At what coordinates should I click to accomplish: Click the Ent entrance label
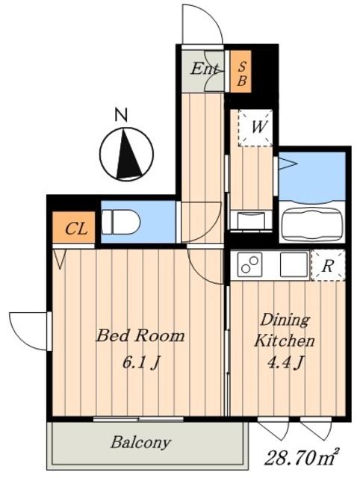point(205,69)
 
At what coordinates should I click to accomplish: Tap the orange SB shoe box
point(240,72)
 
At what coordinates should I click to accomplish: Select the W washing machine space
point(255,127)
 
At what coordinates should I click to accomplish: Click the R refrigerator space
point(329,265)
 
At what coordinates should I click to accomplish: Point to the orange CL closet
point(73,227)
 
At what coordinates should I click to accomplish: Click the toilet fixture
point(120,222)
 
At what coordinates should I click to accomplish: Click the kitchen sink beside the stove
point(294,264)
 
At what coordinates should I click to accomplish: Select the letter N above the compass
point(121,115)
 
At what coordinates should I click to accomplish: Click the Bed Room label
point(140,335)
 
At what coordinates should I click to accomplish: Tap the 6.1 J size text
point(141,363)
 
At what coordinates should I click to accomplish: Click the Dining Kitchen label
point(284,330)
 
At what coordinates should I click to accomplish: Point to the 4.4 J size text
point(285,362)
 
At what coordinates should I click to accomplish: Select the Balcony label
point(140,442)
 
